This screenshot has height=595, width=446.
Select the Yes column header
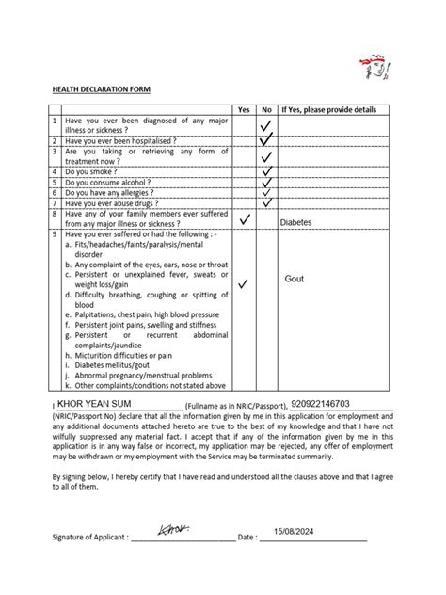click(243, 110)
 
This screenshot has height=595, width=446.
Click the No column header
click(266, 110)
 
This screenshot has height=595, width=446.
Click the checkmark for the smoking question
click(267, 172)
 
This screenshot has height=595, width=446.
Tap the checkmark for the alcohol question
click(267, 183)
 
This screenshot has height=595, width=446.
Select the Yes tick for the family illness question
click(244, 218)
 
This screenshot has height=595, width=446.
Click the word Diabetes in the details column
click(298, 223)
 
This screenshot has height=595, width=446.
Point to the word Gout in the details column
click(294, 280)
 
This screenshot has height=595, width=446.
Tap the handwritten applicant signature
click(174, 532)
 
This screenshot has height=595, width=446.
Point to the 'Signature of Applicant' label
click(89, 538)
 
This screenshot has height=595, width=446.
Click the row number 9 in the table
click(56, 234)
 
